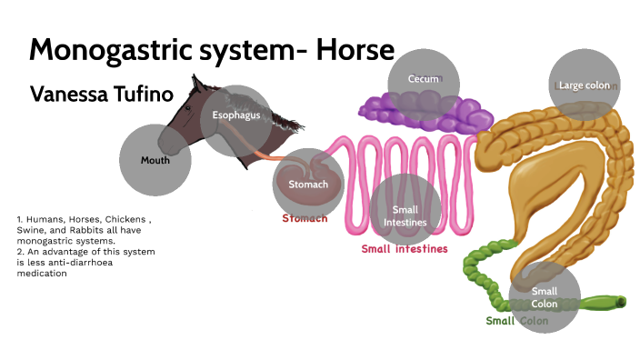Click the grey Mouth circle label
tap(155, 160)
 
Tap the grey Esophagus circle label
tap(236, 115)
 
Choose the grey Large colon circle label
tap(585, 85)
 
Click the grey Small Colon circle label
tap(545, 296)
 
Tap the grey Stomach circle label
tap(308, 185)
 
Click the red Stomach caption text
tap(305, 219)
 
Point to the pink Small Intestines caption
tap(405, 248)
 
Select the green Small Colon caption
tap(516, 321)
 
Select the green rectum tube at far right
tap(601, 302)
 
